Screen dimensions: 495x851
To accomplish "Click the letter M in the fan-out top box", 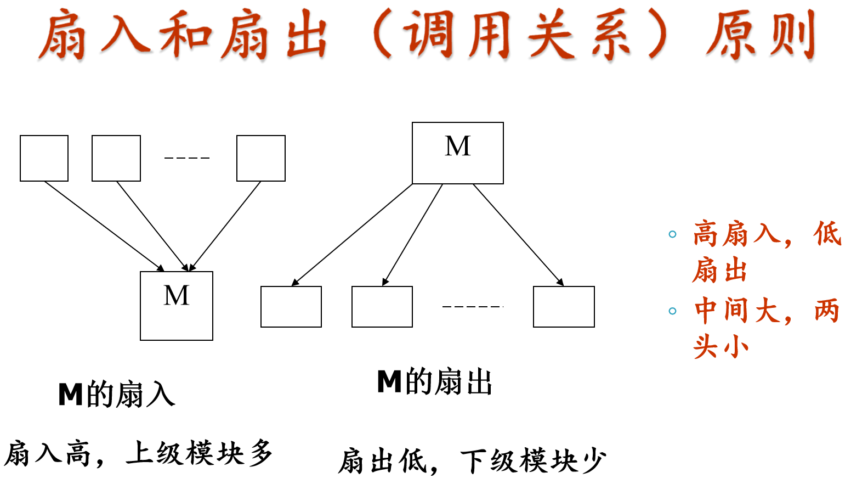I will click(457, 147).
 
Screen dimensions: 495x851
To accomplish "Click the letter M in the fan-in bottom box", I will click(176, 296).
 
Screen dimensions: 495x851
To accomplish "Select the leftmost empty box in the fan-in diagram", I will click(44, 158).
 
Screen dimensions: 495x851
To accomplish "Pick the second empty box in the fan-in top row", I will click(116, 158).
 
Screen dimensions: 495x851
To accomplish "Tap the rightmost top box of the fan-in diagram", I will click(261, 158).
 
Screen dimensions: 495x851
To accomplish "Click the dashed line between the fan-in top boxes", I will click(187, 158).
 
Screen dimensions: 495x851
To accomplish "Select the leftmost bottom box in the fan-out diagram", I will click(291, 307).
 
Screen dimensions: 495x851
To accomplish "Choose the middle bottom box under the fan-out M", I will click(382, 307).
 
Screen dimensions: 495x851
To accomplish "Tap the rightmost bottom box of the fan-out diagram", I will click(564, 307).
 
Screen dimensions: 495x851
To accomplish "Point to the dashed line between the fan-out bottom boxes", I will click(472, 306).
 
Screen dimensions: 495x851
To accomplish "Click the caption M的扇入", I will click(116, 395).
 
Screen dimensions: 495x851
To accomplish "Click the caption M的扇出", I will click(434, 382).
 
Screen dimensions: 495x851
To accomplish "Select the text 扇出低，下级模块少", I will click(472, 461).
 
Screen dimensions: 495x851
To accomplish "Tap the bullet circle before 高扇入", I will click(673, 234).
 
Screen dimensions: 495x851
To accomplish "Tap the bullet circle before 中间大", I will click(673, 311).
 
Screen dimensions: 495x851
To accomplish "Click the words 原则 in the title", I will click(761, 36).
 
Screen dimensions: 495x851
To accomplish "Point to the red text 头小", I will click(720, 347).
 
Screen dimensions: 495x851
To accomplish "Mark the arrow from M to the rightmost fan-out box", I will click(518, 234).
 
